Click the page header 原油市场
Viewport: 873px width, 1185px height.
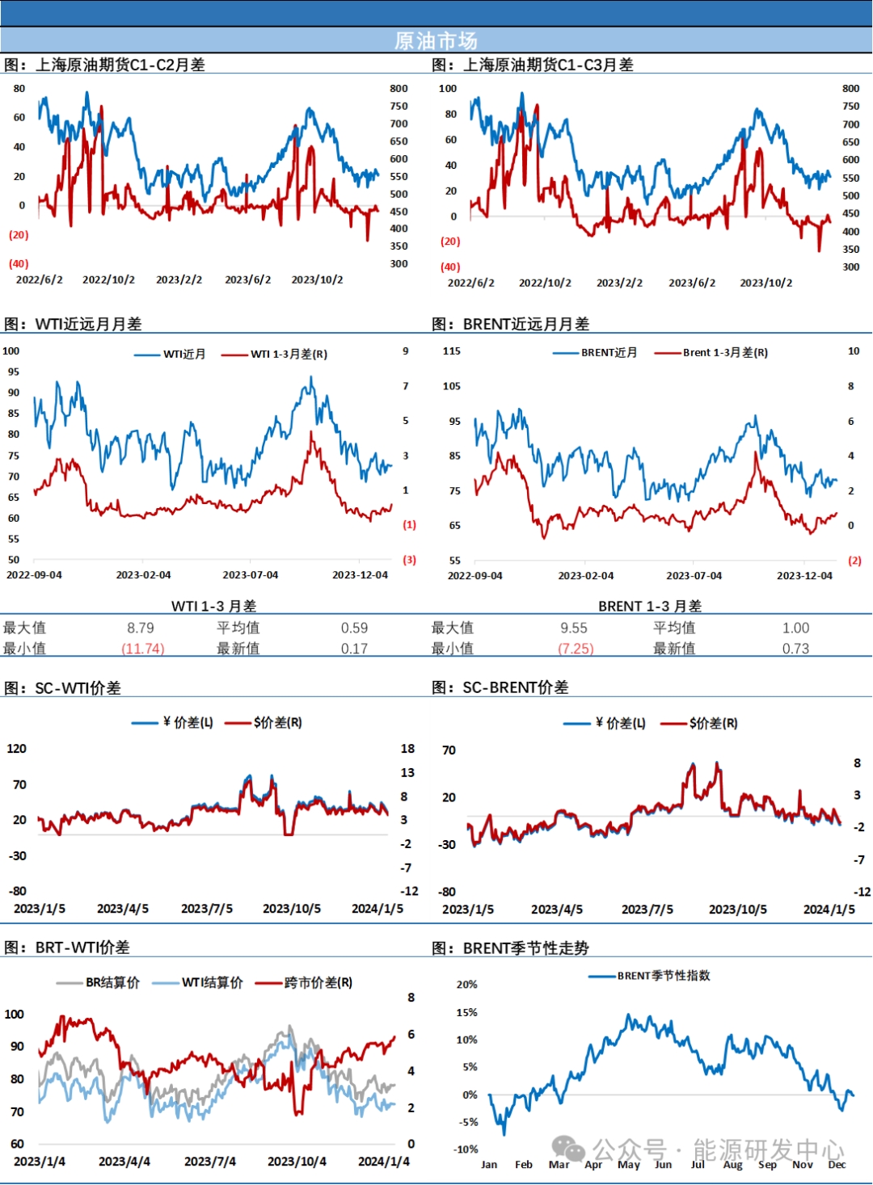click(x=436, y=40)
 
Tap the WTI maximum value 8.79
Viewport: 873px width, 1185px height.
click(x=141, y=628)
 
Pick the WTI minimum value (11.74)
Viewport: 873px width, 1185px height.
click(x=142, y=649)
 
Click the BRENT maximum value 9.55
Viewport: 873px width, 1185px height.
click(x=574, y=628)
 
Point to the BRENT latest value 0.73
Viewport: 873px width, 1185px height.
click(x=795, y=649)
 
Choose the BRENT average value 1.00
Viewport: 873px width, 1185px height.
click(x=795, y=628)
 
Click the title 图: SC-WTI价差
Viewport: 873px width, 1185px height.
click(x=62, y=688)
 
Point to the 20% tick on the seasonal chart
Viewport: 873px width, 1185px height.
click(x=466, y=985)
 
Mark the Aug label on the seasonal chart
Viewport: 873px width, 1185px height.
click(x=732, y=1165)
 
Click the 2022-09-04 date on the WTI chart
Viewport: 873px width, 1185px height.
click(x=34, y=575)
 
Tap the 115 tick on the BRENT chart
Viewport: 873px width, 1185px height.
click(x=452, y=351)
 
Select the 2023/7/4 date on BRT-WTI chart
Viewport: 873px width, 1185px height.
click(x=209, y=1162)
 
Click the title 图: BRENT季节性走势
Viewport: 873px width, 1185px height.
click(x=510, y=948)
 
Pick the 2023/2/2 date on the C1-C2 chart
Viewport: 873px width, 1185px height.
click(x=179, y=279)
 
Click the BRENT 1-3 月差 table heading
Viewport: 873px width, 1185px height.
click(x=650, y=606)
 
